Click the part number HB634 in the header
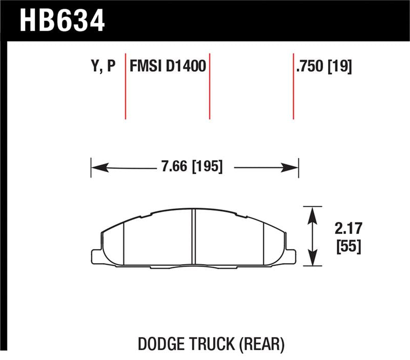(62, 21)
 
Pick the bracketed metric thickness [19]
(340, 67)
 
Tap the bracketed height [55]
(347, 247)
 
